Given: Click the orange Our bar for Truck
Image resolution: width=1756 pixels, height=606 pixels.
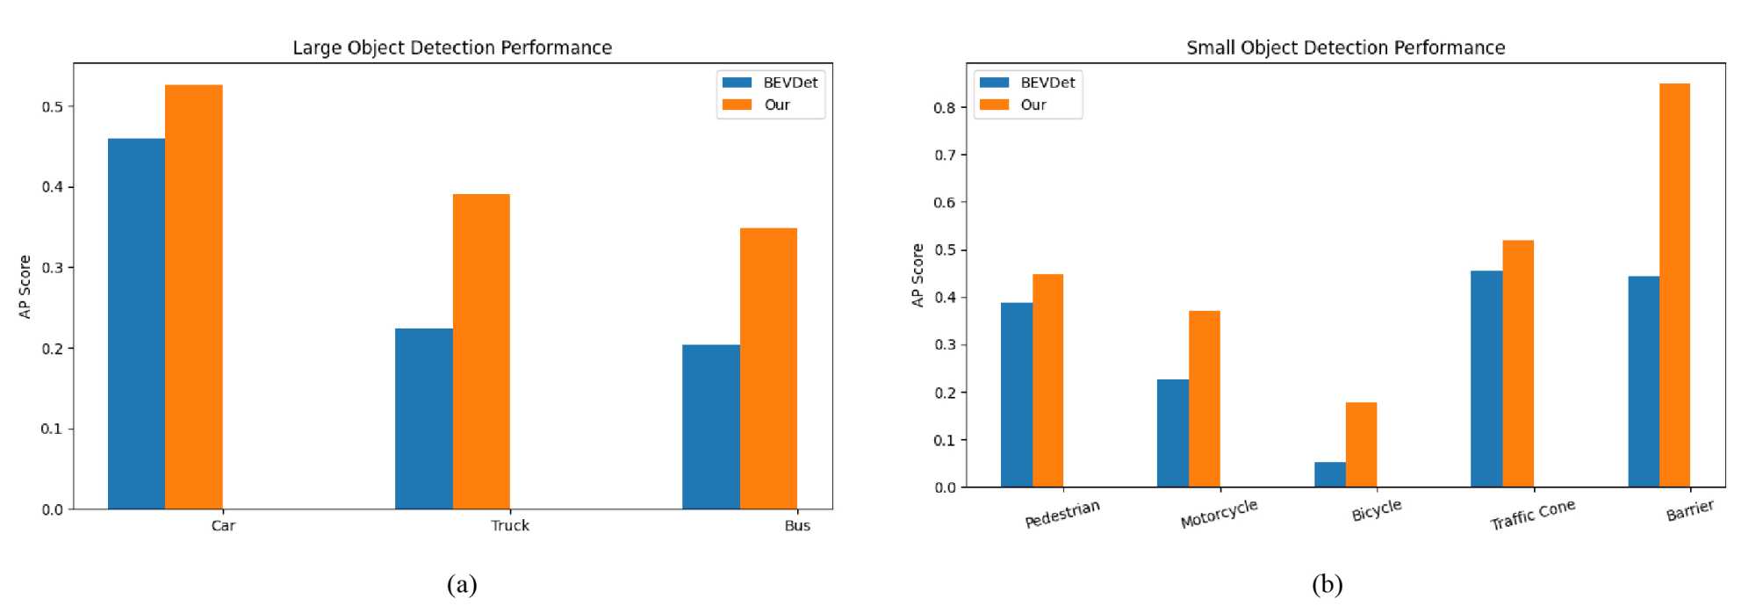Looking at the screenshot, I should [x=481, y=351].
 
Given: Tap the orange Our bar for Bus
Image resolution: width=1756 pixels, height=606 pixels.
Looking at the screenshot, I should [x=768, y=368].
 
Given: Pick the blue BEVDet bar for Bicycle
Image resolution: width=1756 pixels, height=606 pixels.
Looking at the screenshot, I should [x=1329, y=474].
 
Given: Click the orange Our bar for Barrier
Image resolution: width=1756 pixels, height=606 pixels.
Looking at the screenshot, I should [x=1674, y=285].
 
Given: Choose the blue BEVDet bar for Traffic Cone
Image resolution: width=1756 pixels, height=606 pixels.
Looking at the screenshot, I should [x=1486, y=379].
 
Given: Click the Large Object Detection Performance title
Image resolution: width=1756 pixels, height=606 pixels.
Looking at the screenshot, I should [x=452, y=47].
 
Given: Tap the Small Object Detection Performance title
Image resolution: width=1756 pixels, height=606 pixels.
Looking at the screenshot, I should [x=1345, y=47].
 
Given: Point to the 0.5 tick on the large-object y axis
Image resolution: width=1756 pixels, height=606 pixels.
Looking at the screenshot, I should [x=53, y=106].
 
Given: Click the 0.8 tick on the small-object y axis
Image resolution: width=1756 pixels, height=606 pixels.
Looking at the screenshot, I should [x=945, y=107].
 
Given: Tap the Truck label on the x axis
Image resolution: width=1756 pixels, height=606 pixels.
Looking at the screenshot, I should [x=510, y=525].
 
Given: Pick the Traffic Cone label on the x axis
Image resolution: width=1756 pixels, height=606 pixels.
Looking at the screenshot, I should [x=1532, y=515].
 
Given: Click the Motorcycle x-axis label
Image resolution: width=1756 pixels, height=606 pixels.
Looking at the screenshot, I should [x=1219, y=514].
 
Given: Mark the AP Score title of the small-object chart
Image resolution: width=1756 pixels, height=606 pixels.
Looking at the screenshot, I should [x=918, y=275].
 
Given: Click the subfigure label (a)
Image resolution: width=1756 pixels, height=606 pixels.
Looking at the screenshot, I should [x=462, y=585].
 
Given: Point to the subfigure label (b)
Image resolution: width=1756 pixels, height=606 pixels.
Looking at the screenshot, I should [x=1327, y=585].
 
